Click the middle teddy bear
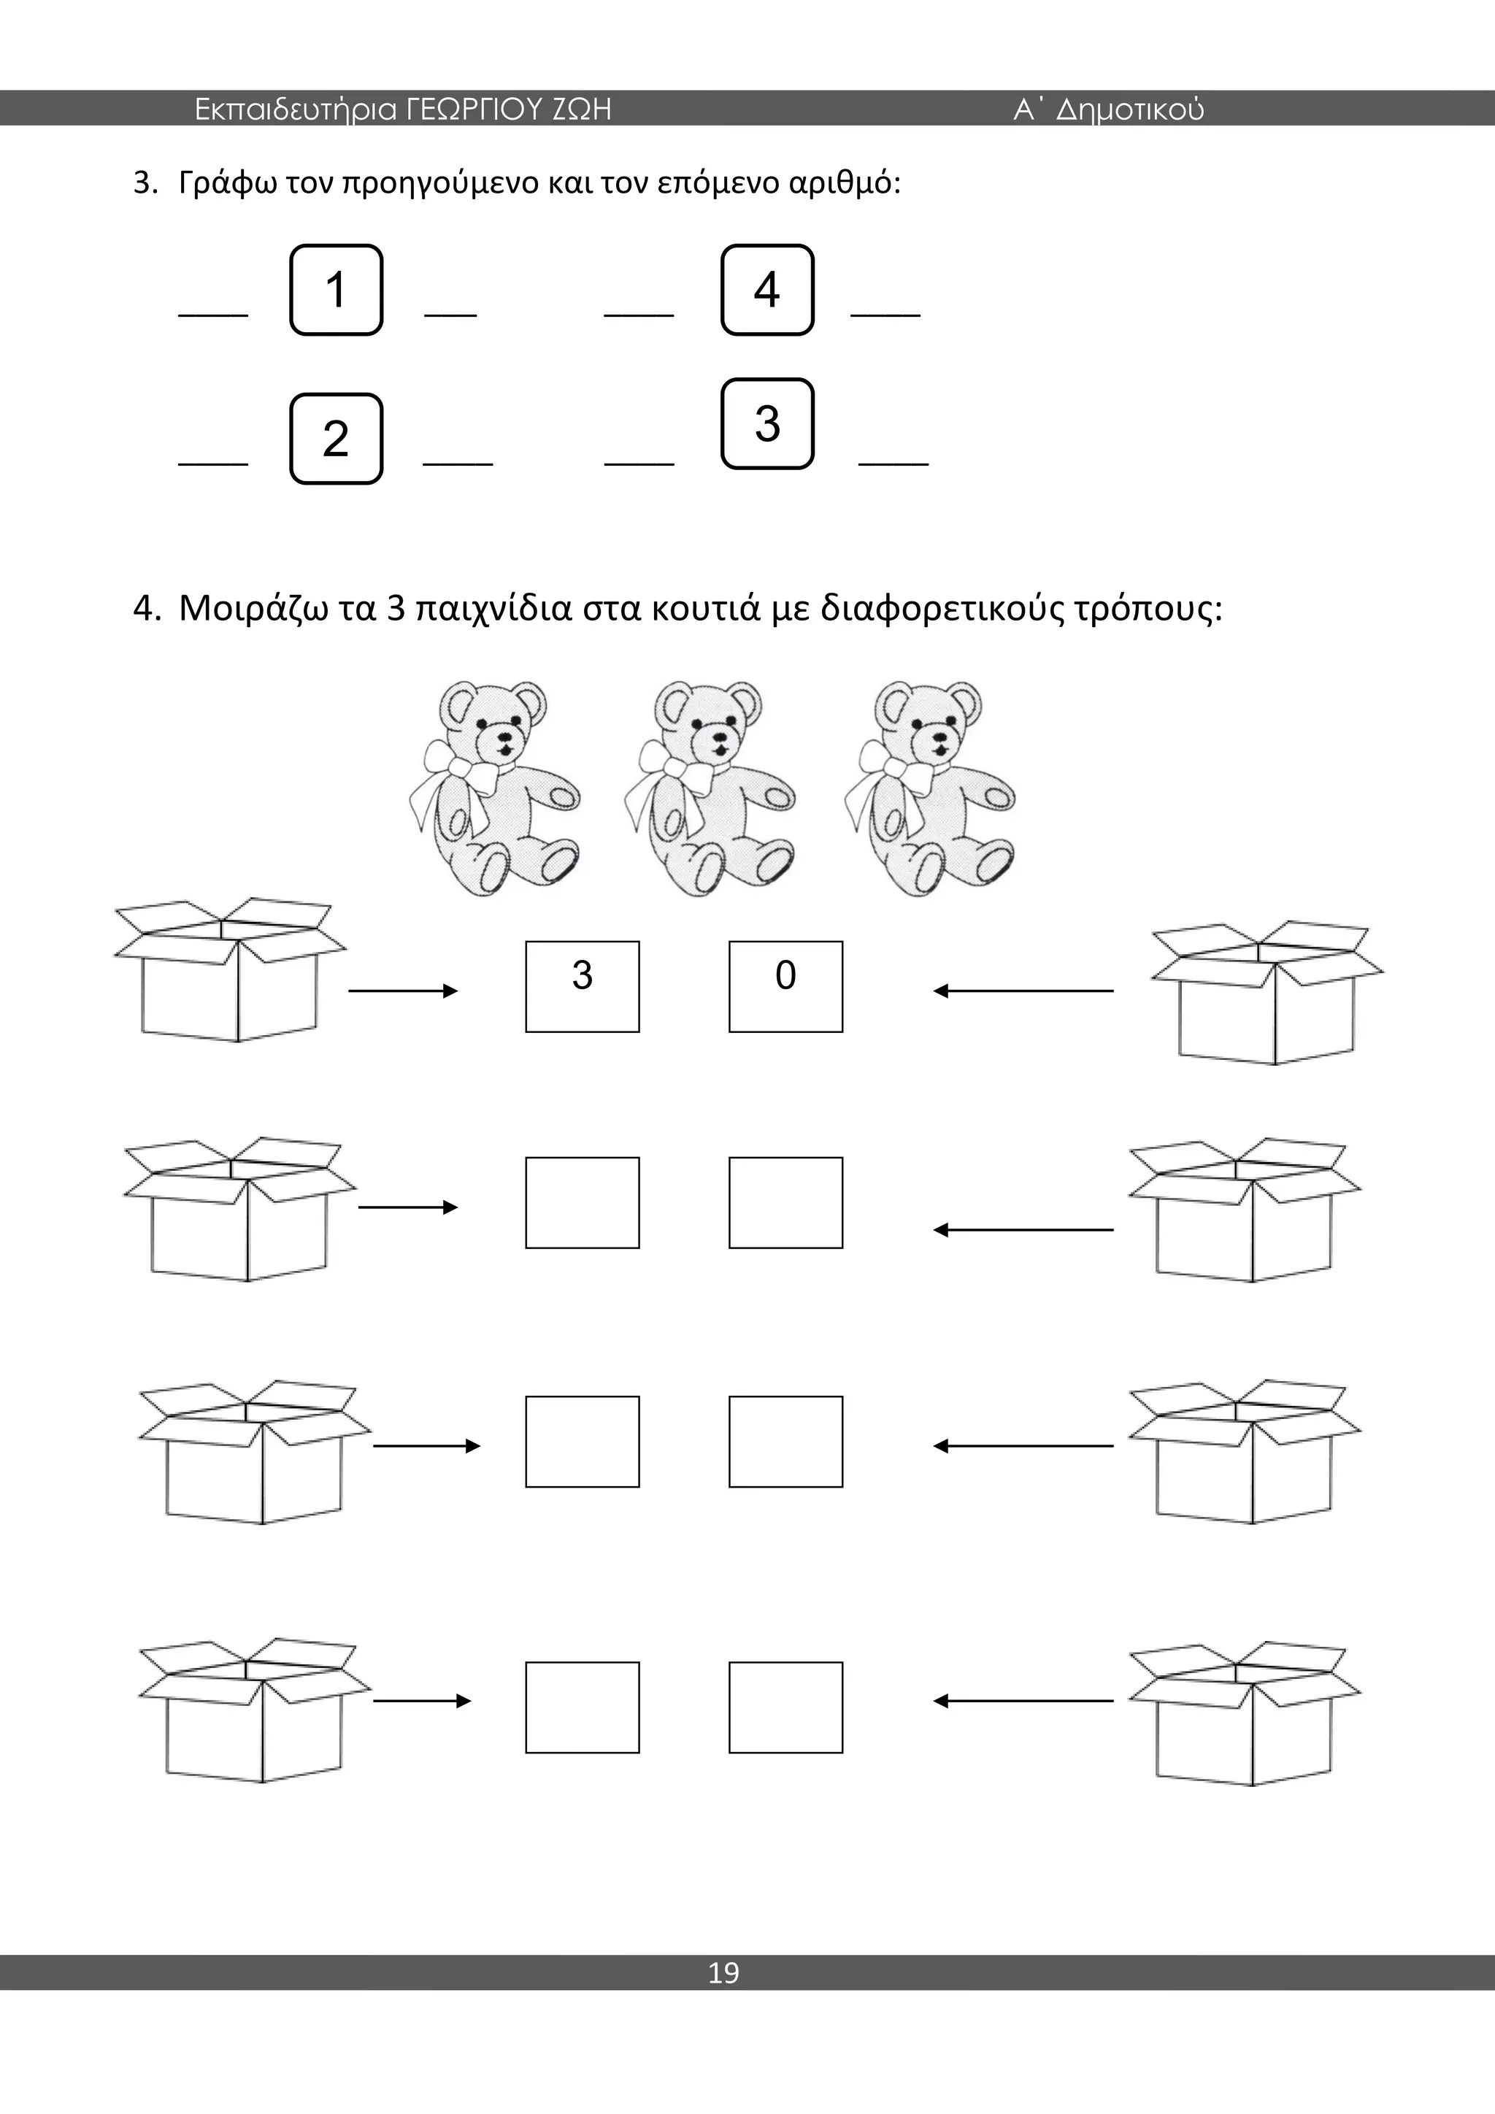coord(710,788)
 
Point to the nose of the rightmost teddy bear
coord(939,737)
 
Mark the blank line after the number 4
coord(885,315)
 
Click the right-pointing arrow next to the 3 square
coord(403,991)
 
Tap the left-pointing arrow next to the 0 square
coord(1023,991)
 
